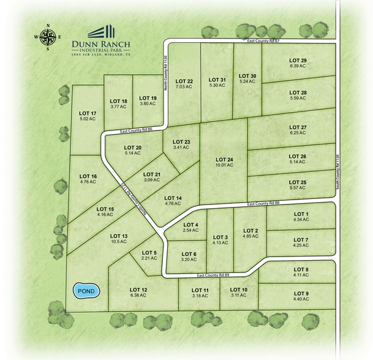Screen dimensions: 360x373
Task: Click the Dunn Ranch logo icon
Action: (101, 32)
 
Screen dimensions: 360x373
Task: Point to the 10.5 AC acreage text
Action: (118, 241)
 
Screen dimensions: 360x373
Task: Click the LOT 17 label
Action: (88, 113)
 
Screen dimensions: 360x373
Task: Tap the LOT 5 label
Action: (149, 253)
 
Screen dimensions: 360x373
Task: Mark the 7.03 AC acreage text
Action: (184, 87)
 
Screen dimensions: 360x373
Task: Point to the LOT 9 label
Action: (301, 293)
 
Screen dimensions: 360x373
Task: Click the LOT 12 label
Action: (138, 290)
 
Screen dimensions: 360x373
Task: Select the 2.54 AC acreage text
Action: (191, 231)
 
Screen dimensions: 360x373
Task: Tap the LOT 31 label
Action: (217, 80)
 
